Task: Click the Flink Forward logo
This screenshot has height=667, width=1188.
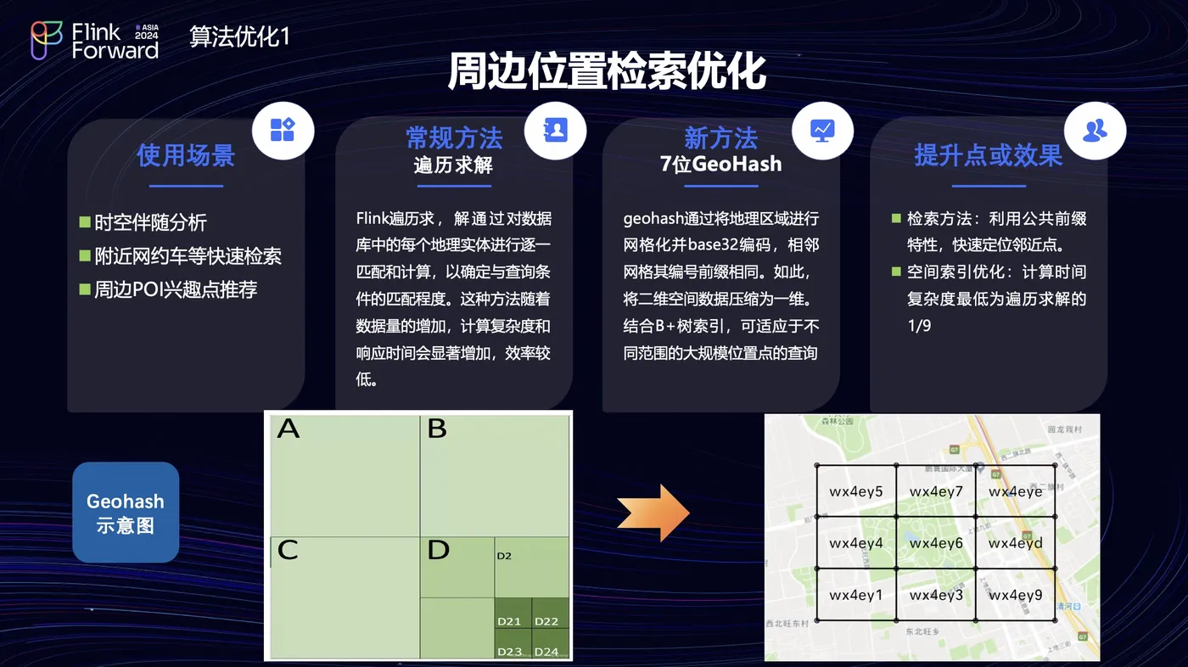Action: click(94, 40)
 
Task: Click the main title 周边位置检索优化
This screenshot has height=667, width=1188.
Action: click(607, 73)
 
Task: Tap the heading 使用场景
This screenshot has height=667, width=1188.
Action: click(186, 155)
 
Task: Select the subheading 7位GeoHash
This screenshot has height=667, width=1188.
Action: click(720, 164)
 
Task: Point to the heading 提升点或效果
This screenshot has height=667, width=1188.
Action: click(988, 155)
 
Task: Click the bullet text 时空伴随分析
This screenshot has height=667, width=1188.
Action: click(150, 223)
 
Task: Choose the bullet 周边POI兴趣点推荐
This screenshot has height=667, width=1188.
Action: click(175, 289)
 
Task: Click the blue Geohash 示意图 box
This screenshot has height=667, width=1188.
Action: click(126, 513)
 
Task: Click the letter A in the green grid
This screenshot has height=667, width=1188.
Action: click(289, 429)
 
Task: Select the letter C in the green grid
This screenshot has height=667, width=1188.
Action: click(288, 551)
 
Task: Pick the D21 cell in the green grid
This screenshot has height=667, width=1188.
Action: click(509, 622)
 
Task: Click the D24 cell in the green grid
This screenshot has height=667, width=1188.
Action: click(546, 652)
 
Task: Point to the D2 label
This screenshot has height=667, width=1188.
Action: click(504, 557)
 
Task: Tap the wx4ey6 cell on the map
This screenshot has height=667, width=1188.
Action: click(936, 543)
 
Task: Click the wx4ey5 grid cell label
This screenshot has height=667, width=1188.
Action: click(856, 492)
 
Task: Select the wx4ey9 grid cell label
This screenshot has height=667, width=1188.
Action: click(1016, 596)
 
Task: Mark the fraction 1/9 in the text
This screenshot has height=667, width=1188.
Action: click(919, 326)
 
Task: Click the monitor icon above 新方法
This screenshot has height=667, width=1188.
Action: click(822, 130)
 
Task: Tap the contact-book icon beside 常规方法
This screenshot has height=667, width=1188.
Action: click(555, 130)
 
